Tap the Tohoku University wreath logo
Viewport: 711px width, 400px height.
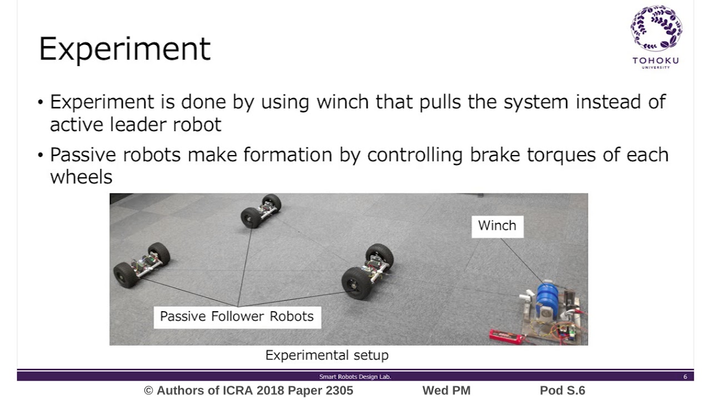pos(656,29)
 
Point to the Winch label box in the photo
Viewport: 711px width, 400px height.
pos(497,226)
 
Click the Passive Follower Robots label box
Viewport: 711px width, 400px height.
pos(237,317)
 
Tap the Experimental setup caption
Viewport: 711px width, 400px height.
pos(327,356)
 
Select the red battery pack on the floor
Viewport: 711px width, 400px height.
pos(506,337)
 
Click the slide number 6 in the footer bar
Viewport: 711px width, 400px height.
pos(685,377)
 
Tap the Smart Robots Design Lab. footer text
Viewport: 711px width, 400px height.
pos(355,377)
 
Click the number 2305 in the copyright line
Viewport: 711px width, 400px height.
pos(336,391)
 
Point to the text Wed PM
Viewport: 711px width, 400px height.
pos(446,391)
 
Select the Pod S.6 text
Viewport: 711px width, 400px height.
pos(562,391)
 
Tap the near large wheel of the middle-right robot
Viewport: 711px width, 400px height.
pos(356,283)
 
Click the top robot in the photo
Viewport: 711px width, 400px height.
pos(261,211)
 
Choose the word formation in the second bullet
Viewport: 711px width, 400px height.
pos(288,154)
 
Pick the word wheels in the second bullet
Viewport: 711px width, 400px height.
pos(81,177)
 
